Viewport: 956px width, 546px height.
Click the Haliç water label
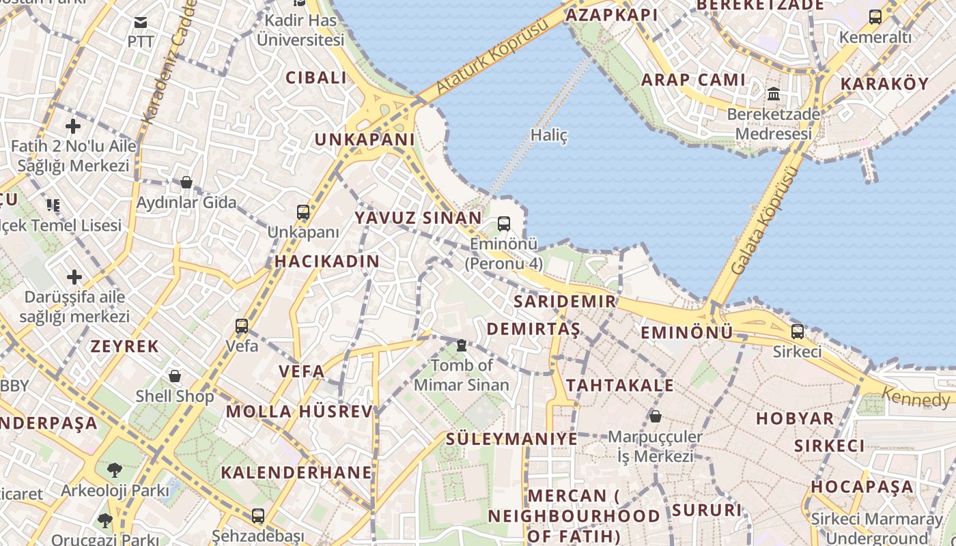549,135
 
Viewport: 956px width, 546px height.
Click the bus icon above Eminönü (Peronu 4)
504,223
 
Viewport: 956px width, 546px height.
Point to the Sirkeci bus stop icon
798,332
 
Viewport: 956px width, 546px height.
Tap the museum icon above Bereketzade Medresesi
774,94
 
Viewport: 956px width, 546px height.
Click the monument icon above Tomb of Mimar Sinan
462,345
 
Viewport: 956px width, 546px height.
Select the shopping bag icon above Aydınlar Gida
186,182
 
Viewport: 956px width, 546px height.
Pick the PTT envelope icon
141,23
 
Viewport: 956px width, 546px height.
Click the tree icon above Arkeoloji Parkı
114,470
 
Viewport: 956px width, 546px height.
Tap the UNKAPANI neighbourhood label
365,139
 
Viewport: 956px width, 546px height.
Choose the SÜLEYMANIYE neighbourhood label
511,438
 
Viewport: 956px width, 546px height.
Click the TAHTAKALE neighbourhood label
620,385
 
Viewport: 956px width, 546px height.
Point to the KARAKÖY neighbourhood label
884,84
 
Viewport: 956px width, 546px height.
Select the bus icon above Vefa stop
242,326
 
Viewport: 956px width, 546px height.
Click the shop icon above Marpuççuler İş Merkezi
656,416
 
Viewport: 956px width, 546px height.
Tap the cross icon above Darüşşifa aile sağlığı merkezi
74,277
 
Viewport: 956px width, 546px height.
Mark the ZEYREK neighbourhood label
125,346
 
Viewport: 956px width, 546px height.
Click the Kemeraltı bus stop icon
875,17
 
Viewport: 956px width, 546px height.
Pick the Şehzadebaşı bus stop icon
257,516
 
